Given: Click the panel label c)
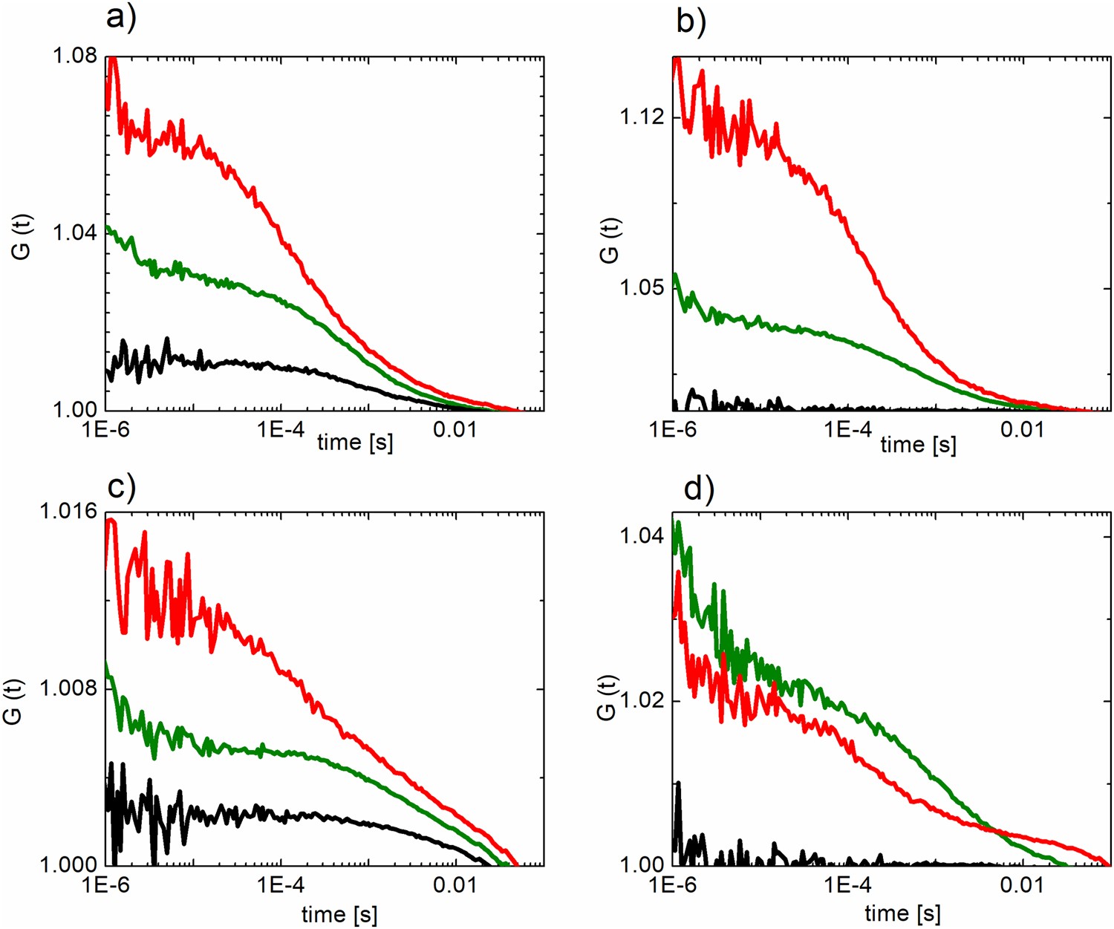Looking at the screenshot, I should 122,486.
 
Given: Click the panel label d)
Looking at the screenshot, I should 698,489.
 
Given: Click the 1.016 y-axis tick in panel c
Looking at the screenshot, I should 70,512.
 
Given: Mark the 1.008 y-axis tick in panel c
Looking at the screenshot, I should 70,688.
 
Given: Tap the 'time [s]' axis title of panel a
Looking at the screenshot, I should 355,443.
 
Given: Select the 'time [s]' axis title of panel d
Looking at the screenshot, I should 902,913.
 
